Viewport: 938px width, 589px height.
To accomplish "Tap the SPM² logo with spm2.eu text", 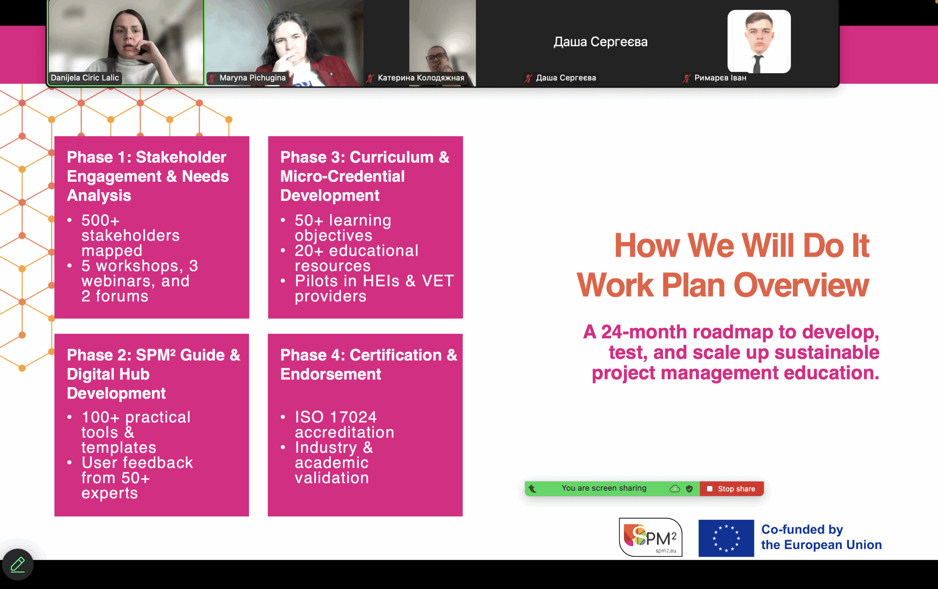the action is (x=650, y=537).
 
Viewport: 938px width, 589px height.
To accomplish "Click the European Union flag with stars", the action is (x=726, y=538).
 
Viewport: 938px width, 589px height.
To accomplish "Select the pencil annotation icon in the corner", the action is (x=18, y=564).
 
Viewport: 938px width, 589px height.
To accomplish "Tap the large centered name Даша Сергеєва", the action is (x=600, y=42).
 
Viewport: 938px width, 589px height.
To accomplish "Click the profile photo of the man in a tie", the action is (x=759, y=42).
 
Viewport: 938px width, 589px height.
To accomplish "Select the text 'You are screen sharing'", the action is (x=604, y=488).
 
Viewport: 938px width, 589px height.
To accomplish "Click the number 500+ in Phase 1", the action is (x=100, y=221).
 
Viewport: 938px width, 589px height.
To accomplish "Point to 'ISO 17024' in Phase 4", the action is (x=336, y=417).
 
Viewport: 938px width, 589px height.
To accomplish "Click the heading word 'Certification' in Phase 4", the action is (x=396, y=355).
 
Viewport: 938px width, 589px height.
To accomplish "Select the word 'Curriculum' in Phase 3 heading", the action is (x=391, y=157).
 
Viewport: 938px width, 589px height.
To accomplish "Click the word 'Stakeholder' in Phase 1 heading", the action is (x=181, y=157).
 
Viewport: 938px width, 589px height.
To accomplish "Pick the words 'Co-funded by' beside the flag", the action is (x=802, y=529).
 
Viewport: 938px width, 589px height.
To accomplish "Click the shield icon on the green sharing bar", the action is (x=689, y=489).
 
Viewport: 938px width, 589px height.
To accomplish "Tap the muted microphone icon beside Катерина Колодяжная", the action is (x=370, y=78).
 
